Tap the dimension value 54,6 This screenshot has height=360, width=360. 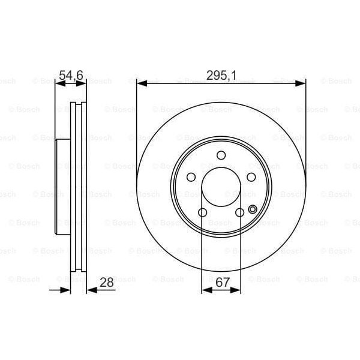[70, 75]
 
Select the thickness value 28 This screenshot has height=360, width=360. [107, 282]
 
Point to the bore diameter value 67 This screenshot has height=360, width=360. [221, 282]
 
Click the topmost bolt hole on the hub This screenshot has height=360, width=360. [221, 156]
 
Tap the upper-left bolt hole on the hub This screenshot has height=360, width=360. [191, 177]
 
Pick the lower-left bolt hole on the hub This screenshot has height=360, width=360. [202, 212]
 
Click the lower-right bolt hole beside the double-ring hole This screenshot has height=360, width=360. [239, 212]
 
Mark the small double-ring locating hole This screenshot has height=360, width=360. [252, 209]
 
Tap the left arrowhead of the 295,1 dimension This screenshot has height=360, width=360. [141, 83]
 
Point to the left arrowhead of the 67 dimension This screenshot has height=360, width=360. [205, 290]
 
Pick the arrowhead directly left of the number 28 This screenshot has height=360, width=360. [91, 290]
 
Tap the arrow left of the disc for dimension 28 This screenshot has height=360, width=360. [67, 290]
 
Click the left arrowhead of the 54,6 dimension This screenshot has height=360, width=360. [59, 83]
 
